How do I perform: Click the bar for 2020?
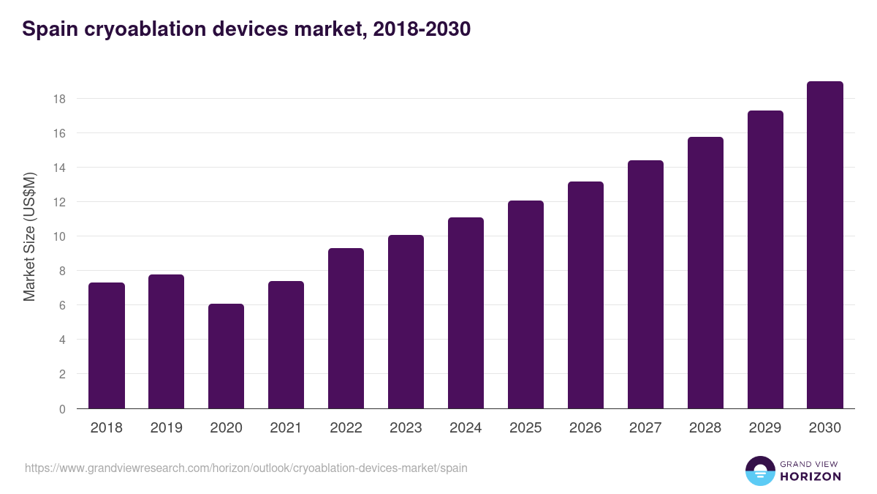tap(226, 356)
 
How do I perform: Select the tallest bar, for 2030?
tap(825, 245)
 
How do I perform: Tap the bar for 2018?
tap(107, 345)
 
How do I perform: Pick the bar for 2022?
tap(346, 329)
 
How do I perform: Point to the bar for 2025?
tap(525, 304)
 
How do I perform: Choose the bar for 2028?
tap(705, 272)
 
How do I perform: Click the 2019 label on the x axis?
tap(167, 428)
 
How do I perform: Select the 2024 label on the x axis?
tap(466, 428)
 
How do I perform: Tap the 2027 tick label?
tap(645, 428)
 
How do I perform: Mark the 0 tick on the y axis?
tap(63, 408)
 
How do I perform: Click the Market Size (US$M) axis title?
tap(29, 236)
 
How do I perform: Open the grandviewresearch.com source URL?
tap(246, 468)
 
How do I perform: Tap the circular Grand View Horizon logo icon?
tap(759, 471)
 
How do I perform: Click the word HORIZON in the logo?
tap(810, 476)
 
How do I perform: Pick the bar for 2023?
tap(406, 322)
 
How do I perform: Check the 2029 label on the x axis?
tap(765, 428)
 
